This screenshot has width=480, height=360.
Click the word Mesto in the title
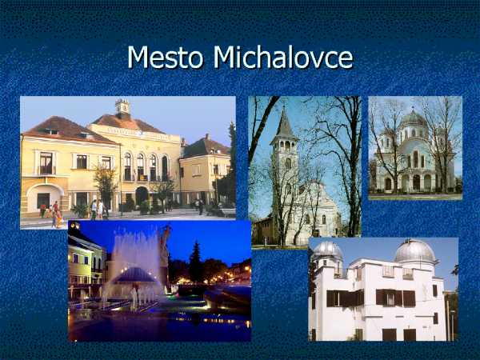point(166,57)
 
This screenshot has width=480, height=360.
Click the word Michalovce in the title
point(283,57)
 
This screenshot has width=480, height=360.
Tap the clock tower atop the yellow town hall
point(122,106)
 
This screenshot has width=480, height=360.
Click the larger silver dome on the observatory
point(414,251)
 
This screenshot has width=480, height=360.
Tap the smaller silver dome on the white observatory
point(327,250)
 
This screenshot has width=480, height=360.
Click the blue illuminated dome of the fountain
point(134,275)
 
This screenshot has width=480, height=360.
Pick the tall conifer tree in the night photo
point(195,262)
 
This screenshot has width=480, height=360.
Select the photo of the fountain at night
point(159,281)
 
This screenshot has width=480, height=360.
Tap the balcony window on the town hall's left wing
point(46,164)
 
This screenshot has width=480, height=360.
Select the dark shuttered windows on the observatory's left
point(345,298)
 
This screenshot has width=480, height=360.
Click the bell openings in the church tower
point(285,146)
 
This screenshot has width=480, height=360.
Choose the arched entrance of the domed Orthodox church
point(416,182)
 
